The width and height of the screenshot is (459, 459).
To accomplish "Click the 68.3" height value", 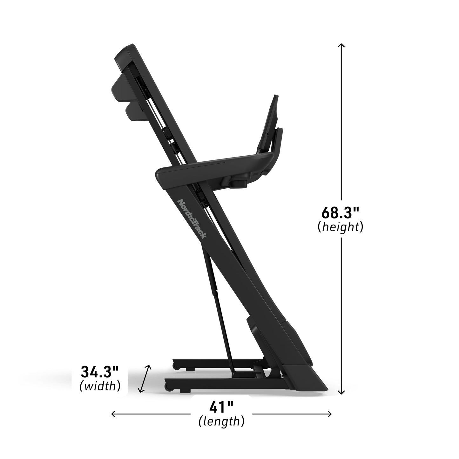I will [341, 212].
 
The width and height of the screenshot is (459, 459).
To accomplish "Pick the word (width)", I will [100, 386].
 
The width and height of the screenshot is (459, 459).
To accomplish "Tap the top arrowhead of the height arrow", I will [341, 45].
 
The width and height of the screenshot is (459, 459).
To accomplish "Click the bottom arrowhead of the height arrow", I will [341, 393].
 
